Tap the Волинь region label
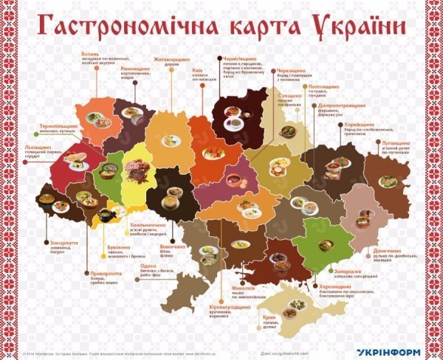[89, 53]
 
